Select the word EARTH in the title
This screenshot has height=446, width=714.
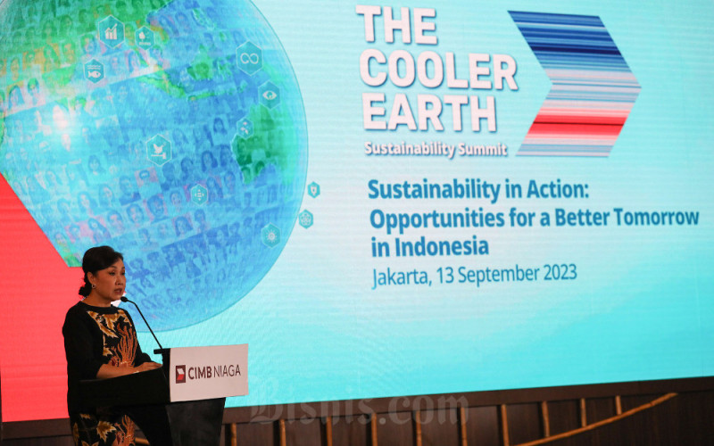[x=428, y=113]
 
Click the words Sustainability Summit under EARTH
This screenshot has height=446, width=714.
[x=435, y=148]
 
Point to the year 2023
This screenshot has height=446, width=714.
[x=553, y=272]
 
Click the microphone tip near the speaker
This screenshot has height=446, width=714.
[x=125, y=301]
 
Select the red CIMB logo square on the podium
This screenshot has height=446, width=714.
[x=180, y=373]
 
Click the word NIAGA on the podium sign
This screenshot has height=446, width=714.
[x=226, y=370]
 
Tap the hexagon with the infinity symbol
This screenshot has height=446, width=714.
[x=249, y=58]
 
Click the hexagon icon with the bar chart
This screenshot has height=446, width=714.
[x=112, y=33]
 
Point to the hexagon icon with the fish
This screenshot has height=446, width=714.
[x=95, y=70]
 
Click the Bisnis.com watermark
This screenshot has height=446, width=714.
[x=357, y=410]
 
